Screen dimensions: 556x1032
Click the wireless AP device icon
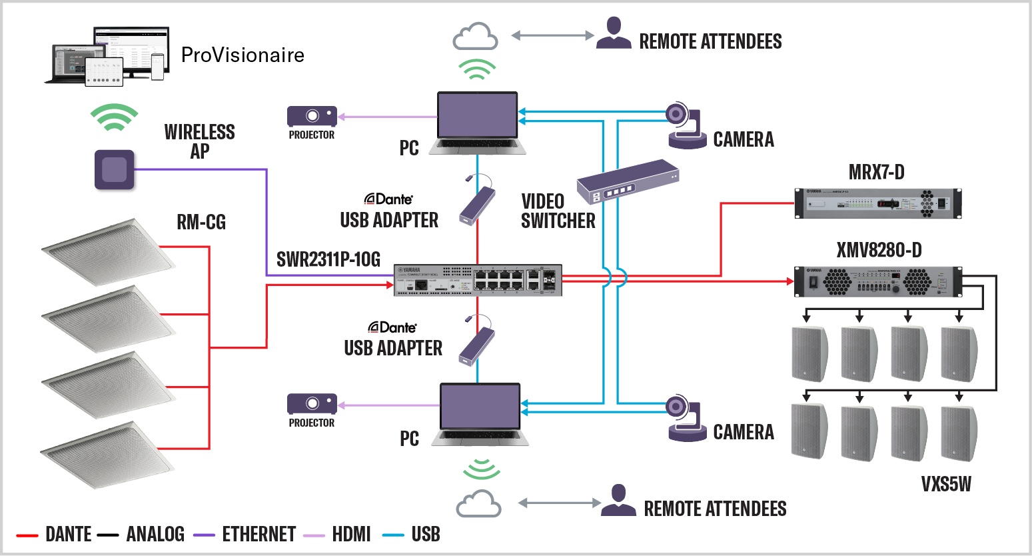click(x=115, y=169)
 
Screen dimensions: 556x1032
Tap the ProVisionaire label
click(x=243, y=55)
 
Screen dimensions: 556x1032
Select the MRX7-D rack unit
click(x=878, y=203)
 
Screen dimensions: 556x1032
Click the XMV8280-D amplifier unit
click(x=878, y=281)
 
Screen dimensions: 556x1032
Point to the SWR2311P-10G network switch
click(x=478, y=280)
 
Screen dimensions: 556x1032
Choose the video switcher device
click(x=627, y=181)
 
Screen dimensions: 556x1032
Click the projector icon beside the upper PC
click(x=312, y=116)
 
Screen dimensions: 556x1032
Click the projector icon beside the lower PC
click(x=312, y=404)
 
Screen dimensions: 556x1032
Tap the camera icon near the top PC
click(x=687, y=125)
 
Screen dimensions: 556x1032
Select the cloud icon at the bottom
click(x=478, y=504)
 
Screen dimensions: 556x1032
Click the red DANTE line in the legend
click(x=27, y=535)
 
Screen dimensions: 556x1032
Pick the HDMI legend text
click(x=351, y=534)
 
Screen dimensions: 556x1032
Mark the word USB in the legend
click(x=426, y=534)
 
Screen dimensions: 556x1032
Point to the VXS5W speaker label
click(x=946, y=484)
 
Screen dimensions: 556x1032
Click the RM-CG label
click(x=201, y=222)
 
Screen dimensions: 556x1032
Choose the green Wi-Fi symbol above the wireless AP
click(x=115, y=117)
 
